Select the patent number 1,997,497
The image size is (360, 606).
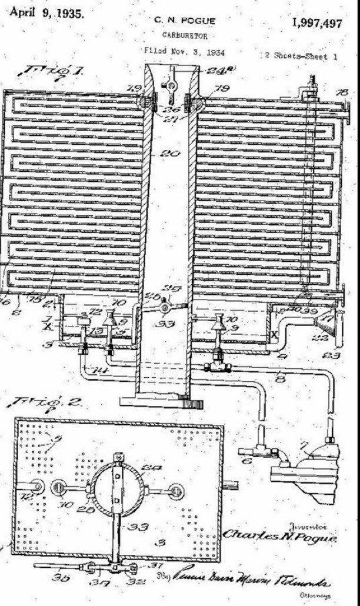tap(316, 23)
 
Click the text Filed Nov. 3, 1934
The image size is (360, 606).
tap(184, 52)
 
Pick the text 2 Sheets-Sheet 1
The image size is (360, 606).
tap(301, 56)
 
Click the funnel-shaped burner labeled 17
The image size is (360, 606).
tap(327, 325)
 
